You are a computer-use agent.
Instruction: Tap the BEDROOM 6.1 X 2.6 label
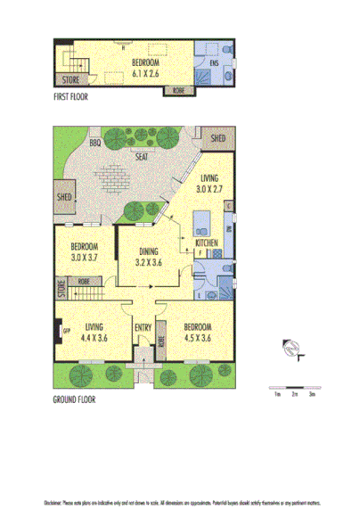pyautogui.click(x=144, y=67)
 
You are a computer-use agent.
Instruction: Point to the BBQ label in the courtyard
pyautogui.click(x=95, y=143)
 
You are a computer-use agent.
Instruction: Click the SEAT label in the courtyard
pyautogui.click(x=141, y=156)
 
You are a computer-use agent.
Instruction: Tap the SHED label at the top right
pyautogui.click(x=218, y=140)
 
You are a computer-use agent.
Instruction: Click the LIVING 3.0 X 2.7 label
pyautogui.click(x=211, y=184)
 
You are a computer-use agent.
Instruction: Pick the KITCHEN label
pyautogui.click(x=207, y=243)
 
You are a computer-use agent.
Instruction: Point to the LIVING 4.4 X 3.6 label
pyautogui.click(x=94, y=332)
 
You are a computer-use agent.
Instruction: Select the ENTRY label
pyautogui.click(x=143, y=327)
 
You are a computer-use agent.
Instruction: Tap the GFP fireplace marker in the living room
pyautogui.click(x=65, y=332)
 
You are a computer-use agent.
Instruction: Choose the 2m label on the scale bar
pyautogui.click(x=294, y=393)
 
